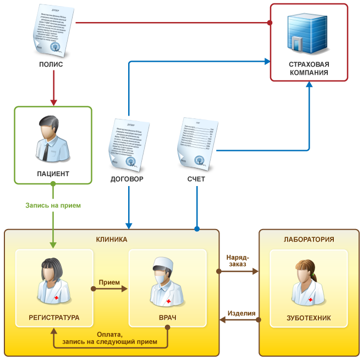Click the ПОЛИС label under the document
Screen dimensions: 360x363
[51, 64]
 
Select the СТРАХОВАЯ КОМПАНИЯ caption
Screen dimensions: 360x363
[309, 68]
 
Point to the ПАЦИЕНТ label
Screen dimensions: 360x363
[53, 173]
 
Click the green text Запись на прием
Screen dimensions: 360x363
[53, 205]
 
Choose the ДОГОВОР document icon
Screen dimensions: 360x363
[130, 143]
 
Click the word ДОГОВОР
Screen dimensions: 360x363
[127, 179]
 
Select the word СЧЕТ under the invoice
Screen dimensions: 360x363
[196, 179]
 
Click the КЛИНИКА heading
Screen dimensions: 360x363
[112, 239]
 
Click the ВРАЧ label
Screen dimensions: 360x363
[167, 318]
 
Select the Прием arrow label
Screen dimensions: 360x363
[109, 282]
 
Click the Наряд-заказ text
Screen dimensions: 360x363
[238, 260]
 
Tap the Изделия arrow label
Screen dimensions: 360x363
[242, 314]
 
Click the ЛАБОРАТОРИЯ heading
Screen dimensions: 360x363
[309, 239]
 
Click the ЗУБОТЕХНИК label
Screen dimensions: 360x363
[309, 318]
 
